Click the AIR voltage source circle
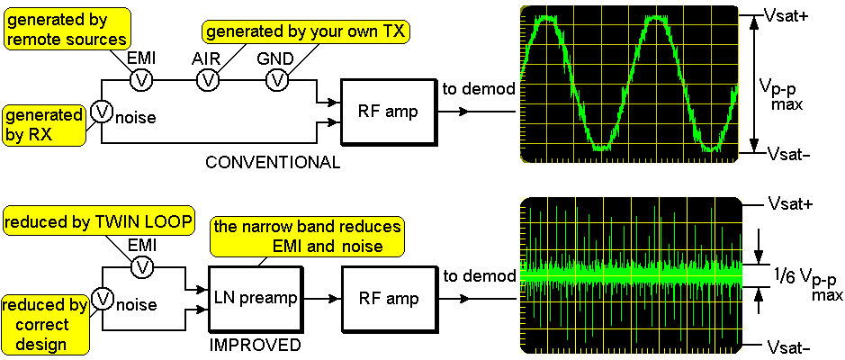tap(209, 80)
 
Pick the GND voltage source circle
tap(277, 80)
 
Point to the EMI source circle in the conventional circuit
tap(140, 80)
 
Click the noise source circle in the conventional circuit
tap(102, 111)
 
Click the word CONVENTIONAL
tap(273, 163)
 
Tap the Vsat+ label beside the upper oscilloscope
tap(788, 15)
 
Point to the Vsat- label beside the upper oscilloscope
tap(788, 153)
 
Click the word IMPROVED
tap(255, 345)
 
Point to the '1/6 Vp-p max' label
tap(803, 282)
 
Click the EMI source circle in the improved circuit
tap(140, 266)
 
